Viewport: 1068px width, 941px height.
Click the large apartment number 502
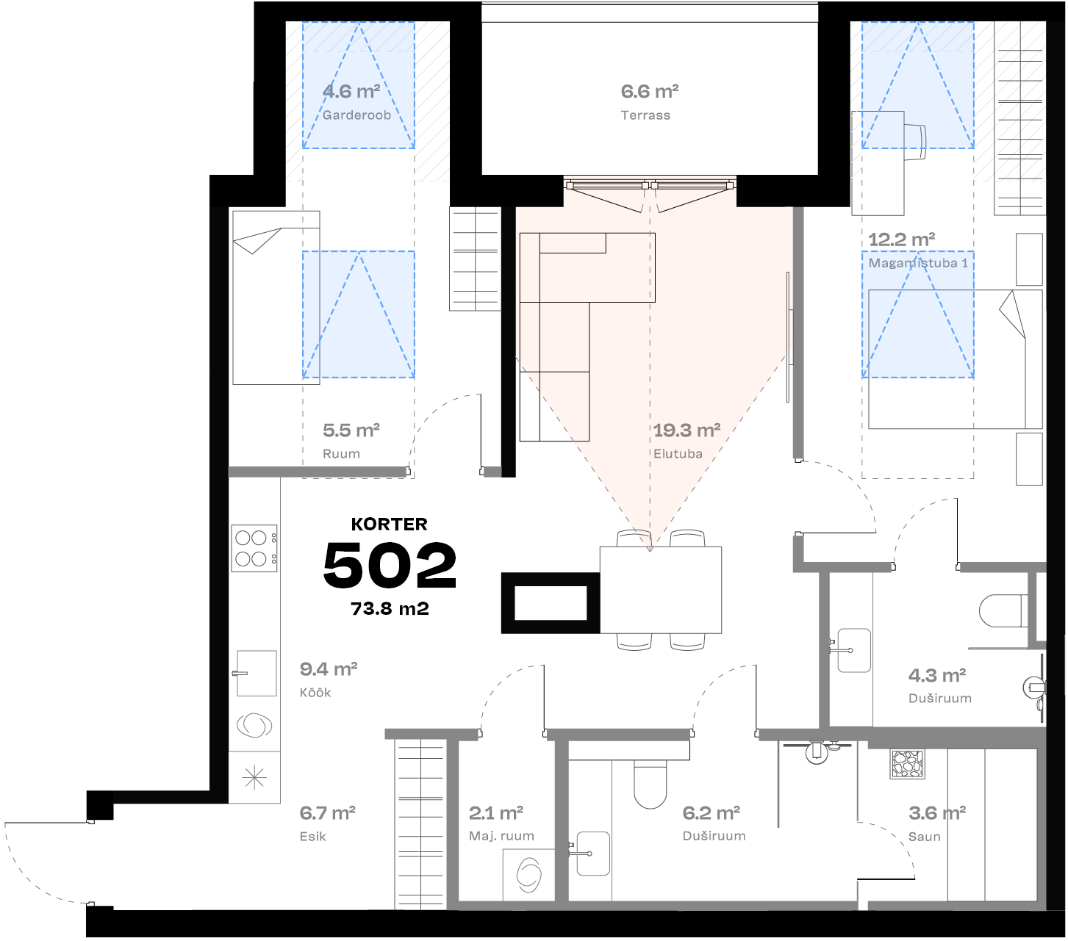click(390, 565)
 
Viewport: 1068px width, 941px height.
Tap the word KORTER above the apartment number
click(389, 524)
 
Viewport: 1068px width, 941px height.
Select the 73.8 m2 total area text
click(390, 609)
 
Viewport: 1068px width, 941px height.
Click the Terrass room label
click(645, 115)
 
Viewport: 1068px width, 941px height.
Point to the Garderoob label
click(356, 115)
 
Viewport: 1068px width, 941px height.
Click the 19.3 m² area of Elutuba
click(687, 430)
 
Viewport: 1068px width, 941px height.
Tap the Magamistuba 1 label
click(918, 263)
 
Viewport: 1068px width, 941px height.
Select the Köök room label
click(315, 693)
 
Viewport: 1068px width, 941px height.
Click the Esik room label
click(312, 837)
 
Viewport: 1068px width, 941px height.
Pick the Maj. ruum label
click(501, 836)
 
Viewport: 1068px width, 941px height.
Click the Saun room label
click(924, 837)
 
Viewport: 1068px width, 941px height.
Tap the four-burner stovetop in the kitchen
click(254, 548)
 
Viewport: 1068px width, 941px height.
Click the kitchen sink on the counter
click(256, 673)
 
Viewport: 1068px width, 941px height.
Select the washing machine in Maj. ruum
click(528, 874)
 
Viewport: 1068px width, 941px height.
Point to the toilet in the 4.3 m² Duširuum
click(1003, 611)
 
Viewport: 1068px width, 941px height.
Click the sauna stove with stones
click(906, 764)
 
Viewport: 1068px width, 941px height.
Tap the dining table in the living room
click(660, 589)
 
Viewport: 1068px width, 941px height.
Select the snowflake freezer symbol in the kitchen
click(254, 777)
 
